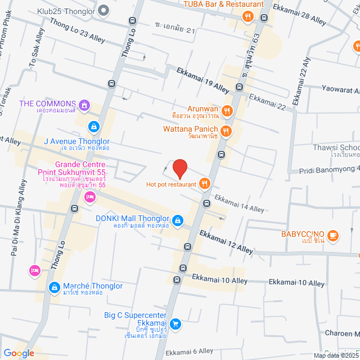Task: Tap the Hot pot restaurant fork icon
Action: point(204,183)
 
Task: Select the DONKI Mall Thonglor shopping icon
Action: point(178,220)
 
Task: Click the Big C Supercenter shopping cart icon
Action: point(175,323)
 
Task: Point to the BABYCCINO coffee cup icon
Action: point(332,235)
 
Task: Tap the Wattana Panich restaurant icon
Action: point(226,131)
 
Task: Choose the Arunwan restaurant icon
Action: point(227,111)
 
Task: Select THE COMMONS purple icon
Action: point(84,104)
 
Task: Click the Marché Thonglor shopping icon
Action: point(53,287)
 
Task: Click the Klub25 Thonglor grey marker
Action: point(103,10)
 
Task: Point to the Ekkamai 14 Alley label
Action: point(239,204)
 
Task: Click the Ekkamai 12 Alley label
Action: point(226,241)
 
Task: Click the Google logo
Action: point(19,353)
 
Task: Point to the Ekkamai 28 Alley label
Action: point(299,14)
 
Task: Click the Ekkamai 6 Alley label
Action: point(190,351)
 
